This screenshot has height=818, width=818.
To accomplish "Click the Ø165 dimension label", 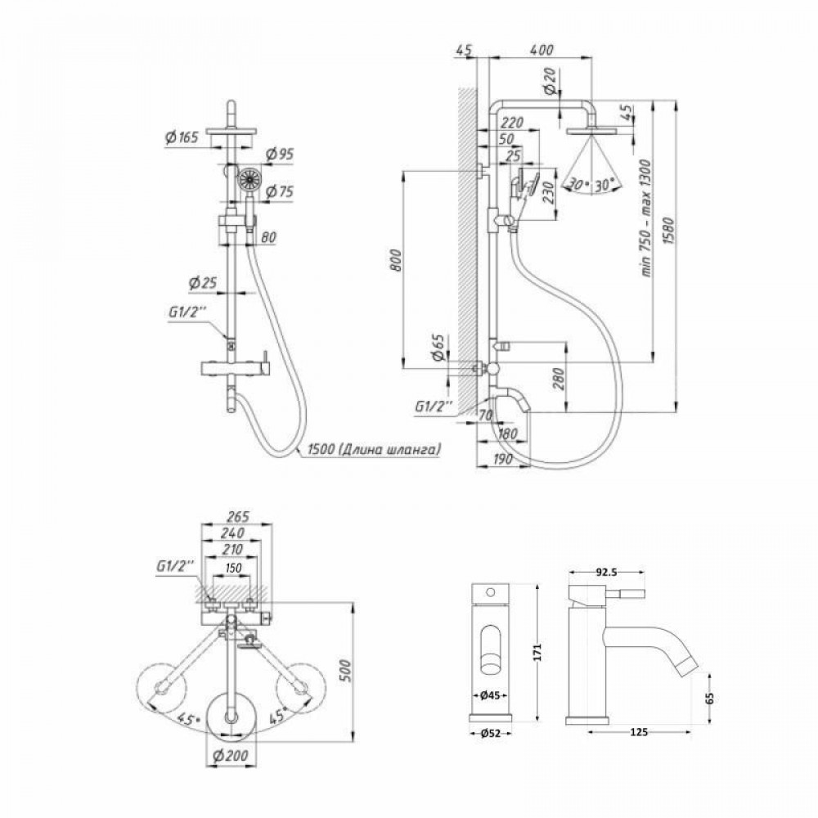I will [181, 139].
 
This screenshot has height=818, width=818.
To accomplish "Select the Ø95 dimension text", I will [281, 155].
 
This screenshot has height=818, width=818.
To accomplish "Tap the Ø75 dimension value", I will [281, 191].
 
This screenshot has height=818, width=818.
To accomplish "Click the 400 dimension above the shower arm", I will [542, 51].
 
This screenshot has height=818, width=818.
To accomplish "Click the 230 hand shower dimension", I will [549, 192].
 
